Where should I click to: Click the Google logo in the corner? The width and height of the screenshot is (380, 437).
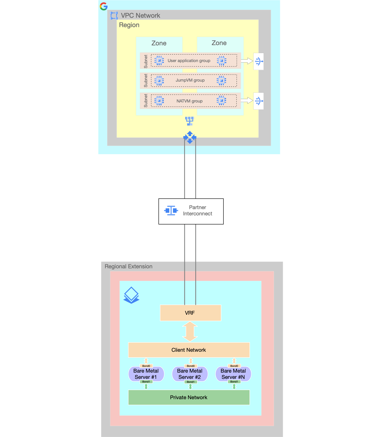(x=104, y=6)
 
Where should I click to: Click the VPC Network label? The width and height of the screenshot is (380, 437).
(x=140, y=16)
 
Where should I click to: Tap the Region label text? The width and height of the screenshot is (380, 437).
(x=129, y=25)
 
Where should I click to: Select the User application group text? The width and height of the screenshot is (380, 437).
(x=189, y=61)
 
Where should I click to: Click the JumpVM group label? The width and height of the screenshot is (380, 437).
(x=190, y=80)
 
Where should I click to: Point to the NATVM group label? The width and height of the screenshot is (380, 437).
(x=189, y=101)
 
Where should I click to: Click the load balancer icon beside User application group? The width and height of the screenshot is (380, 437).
(x=259, y=62)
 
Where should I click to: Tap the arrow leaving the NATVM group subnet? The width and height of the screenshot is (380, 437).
(x=247, y=101)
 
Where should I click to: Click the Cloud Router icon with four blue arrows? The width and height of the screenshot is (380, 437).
(x=190, y=137)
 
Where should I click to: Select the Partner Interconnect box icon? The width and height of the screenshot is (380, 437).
(x=171, y=210)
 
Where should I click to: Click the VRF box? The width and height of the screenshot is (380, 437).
(x=190, y=313)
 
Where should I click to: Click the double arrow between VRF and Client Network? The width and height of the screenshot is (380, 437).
(x=190, y=331)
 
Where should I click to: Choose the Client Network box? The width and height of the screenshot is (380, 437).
(x=189, y=350)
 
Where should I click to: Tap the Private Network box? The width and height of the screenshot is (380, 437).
(x=189, y=397)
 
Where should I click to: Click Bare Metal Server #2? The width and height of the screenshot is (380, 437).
(x=190, y=374)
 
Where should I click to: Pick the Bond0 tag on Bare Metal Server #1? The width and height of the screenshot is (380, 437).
(x=146, y=366)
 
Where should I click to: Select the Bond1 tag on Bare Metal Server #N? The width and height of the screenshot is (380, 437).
(x=234, y=382)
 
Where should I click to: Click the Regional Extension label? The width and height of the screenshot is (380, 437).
(x=128, y=266)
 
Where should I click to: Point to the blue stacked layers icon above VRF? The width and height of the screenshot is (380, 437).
(x=131, y=295)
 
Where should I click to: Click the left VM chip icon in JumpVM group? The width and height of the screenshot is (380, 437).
(x=159, y=81)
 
